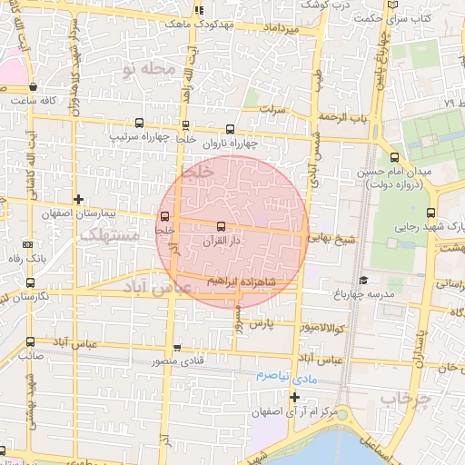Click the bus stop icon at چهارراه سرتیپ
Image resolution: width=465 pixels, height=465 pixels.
pyautogui.click(x=139, y=123)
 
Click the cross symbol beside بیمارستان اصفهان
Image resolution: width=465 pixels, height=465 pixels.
pyautogui.click(x=79, y=199)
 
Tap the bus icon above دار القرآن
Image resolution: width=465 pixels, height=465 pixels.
pyautogui.click(x=221, y=225)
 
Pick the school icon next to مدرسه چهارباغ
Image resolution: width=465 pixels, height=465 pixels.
pyautogui.click(x=363, y=281)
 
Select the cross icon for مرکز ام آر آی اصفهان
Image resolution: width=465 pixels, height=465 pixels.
pyautogui.click(x=294, y=398)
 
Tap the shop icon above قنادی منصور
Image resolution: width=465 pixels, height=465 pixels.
pyautogui.click(x=177, y=348)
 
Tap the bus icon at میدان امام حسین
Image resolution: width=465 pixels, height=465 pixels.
pyautogui.click(x=393, y=156)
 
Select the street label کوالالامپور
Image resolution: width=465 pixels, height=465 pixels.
pyautogui.click(x=322, y=326)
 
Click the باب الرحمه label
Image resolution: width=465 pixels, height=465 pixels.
pyautogui.click(x=344, y=118)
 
